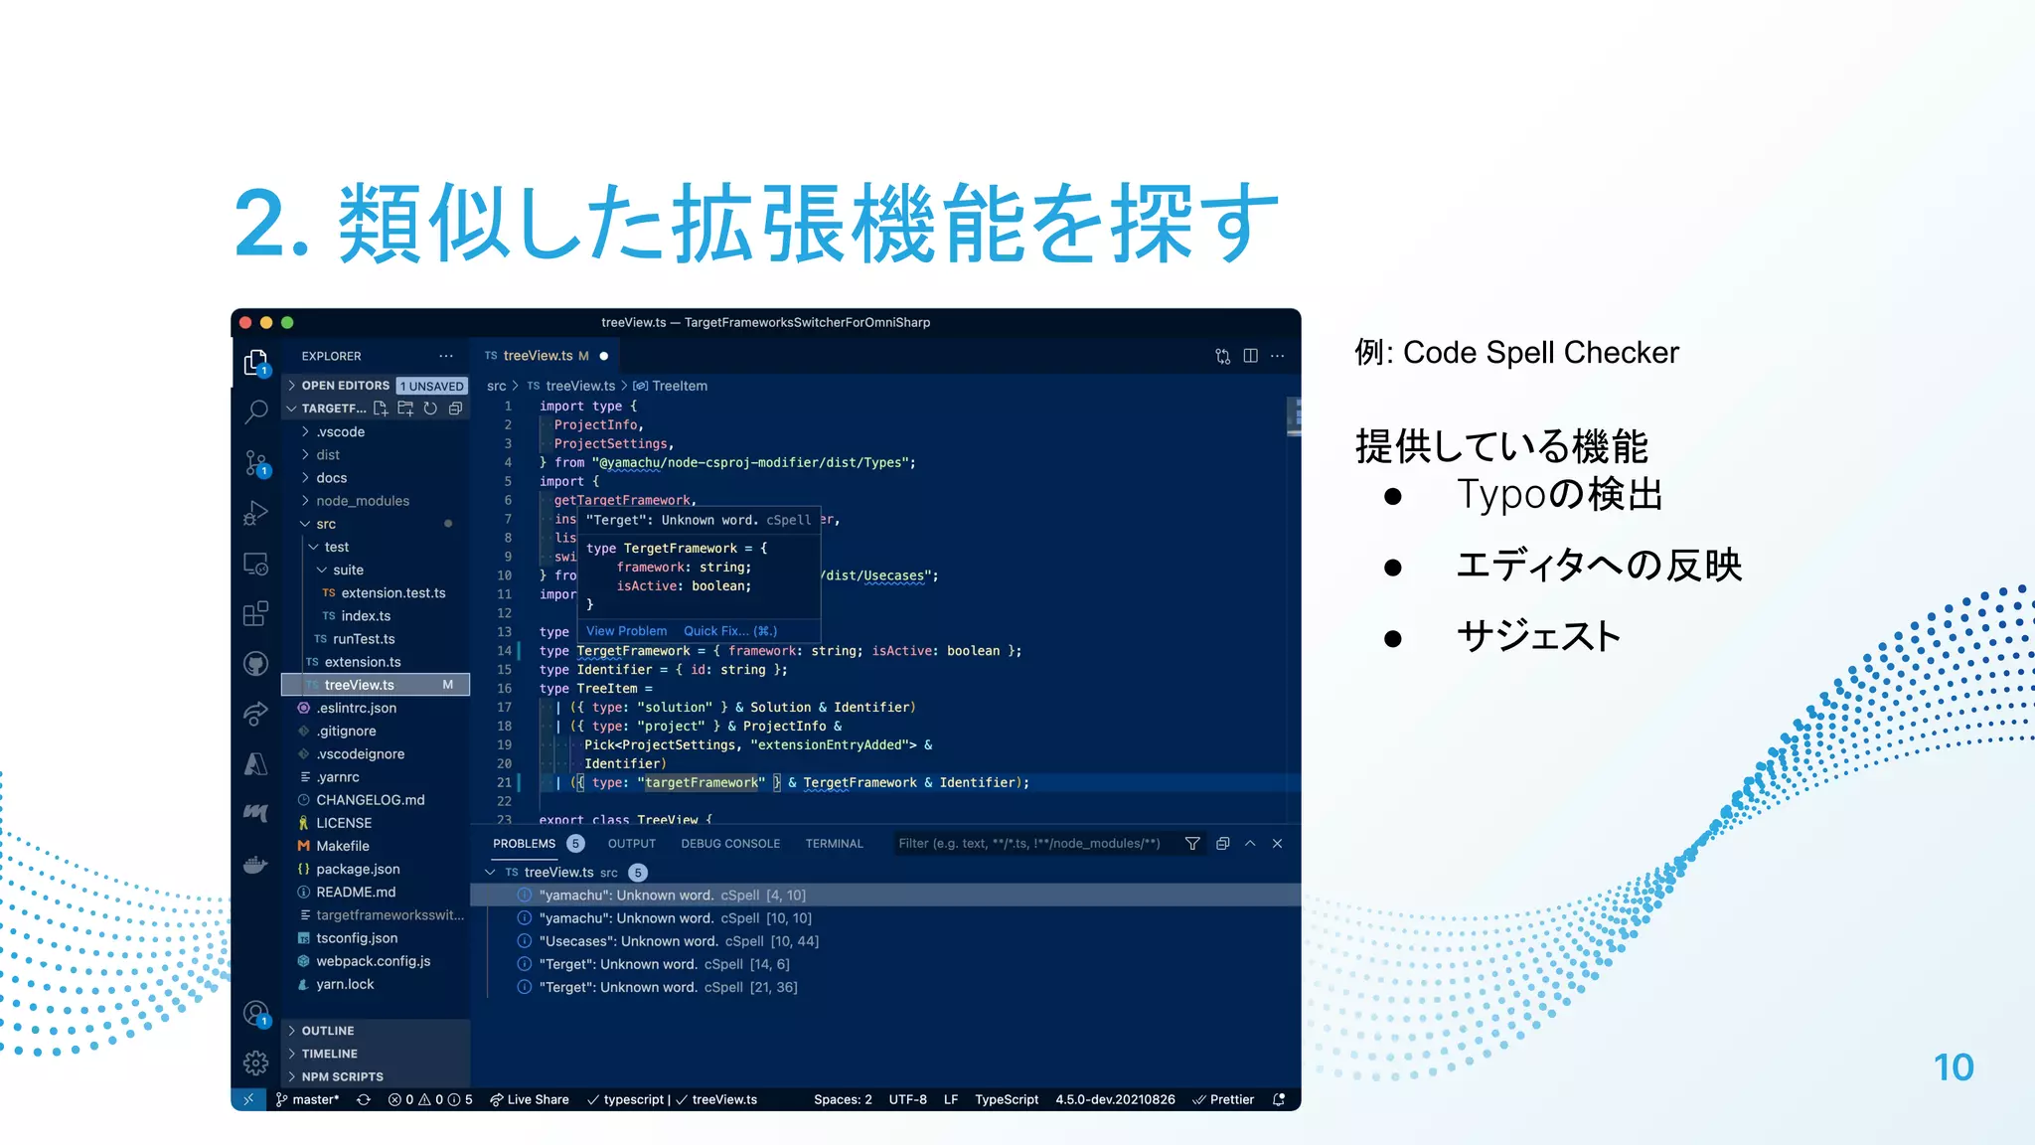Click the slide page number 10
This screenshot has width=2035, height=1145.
pos(1953,1067)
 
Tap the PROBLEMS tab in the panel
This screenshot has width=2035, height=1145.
pos(525,844)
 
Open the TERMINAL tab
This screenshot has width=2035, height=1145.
pos(834,844)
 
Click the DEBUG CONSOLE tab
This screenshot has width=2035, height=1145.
pos(730,844)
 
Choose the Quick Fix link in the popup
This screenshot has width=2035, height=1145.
pos(729,631)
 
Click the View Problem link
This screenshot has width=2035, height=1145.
pos(626,631)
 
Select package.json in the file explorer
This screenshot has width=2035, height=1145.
pos(358,869)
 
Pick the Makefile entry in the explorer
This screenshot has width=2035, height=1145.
pos(343,846)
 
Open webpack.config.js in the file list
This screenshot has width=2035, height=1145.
pos(373,961)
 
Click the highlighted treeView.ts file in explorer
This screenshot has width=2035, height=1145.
pos(359,685)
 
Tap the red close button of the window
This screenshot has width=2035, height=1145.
pos(245,322)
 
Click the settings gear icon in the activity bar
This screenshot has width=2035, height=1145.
pos(255,1063)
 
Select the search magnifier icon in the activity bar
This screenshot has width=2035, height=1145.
pos(255,410)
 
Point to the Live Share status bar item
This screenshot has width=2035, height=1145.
pos(530,1099)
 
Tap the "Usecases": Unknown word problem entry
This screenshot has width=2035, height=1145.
pos(628,941)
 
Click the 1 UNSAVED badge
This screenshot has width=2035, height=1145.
pos(432,386)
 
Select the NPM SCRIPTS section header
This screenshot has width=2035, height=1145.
pos(342,1076)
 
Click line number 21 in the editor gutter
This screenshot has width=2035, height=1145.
pos(504,783)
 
